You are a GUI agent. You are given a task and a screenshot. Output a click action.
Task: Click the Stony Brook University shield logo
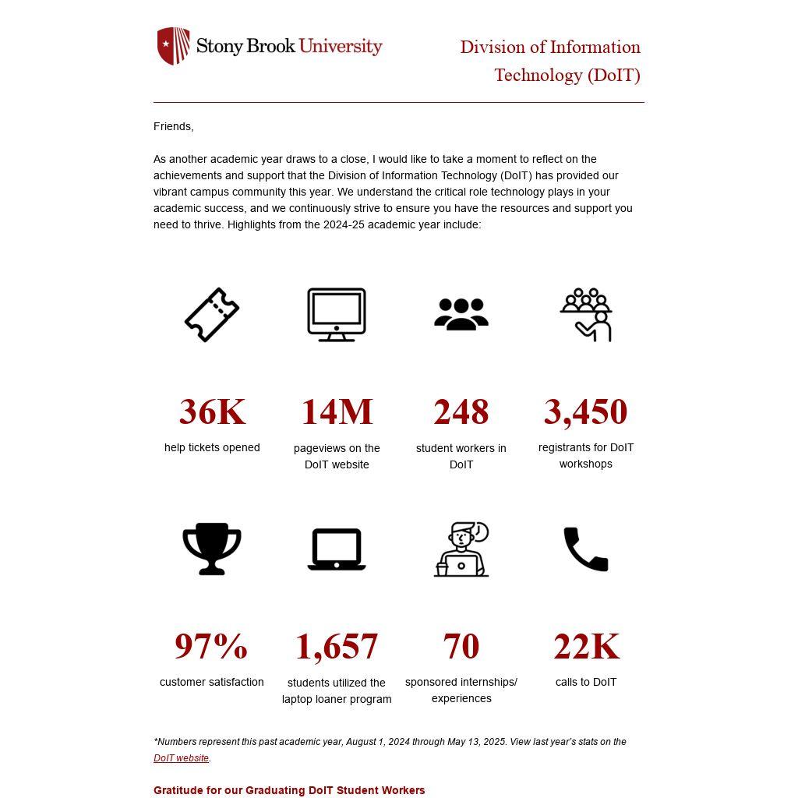pyautogui.click(x=173, y=46)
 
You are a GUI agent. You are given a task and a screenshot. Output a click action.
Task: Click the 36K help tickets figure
pyautogui.click(x=212, y=411)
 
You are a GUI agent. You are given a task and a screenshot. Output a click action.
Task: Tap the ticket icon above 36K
pyautogui.click(x=212, y=315)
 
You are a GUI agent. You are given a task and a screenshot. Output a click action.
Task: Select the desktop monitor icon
pyautogui.click(x=337, y=315)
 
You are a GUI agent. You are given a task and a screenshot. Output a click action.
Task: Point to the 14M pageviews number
pyautogui.click(x=337, y=411)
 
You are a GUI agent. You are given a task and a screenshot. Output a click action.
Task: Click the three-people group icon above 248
pyautogui.click(x=461, y=315)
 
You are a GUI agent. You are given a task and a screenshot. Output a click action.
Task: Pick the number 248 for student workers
pyautogui.click(x=461, y=411)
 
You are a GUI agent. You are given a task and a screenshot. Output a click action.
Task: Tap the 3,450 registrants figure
pyautogui.click(x=586, y=411)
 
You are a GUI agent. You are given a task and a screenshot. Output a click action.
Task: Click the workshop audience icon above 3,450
pyautogui.click(x=586, y=315)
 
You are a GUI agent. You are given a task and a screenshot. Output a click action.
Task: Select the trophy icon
pyautogui.click(x=212, y=549)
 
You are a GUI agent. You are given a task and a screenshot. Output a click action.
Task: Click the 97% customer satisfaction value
pyautogui.click(x=211, y=646)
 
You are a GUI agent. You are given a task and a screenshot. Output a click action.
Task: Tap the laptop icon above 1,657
pyautogui.click(x=337, y=549)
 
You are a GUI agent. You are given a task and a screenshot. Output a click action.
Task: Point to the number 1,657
pyautogui.click(x=337, y=647)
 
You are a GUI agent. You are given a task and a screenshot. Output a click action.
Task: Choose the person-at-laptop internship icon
pyautogui.click(x=461, y=549)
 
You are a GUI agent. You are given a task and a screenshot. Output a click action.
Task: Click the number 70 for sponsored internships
pyautogui.click(x=461, y=646)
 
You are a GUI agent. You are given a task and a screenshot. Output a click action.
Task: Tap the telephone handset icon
pyautogui.click(x=586, y=549)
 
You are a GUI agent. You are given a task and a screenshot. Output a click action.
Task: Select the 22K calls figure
pyautogui.click(x=586, y=646)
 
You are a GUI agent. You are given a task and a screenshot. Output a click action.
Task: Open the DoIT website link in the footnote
pyautogui.click(x=181, y=758)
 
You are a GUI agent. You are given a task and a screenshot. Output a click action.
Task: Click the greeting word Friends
pyautogui.click(x=173, y=126)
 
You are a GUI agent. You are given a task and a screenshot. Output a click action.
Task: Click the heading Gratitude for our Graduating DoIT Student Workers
pyautogui.click(x=289, y=790)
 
